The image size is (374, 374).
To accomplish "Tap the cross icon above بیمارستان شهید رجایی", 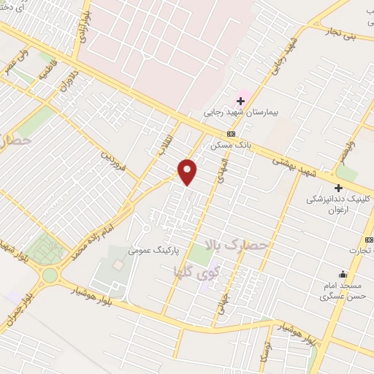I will click(x=240, y=100).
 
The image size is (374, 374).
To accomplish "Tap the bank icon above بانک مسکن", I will click(x=231, y=134).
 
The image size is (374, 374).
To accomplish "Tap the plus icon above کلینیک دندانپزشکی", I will click(x=338, y=188).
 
